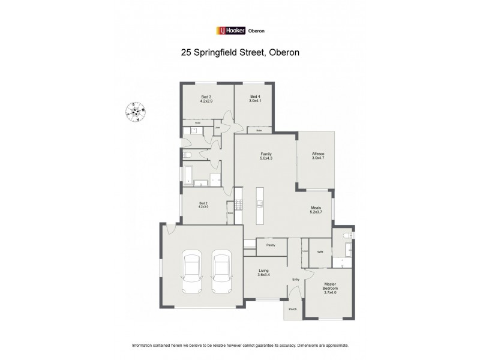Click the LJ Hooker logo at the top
[240, 31]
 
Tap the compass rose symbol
[134, 111]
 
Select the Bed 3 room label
[206, 99]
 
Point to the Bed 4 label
[255, 99]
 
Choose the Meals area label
[316, 210]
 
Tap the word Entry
[295, 280]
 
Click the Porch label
[293, 309]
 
